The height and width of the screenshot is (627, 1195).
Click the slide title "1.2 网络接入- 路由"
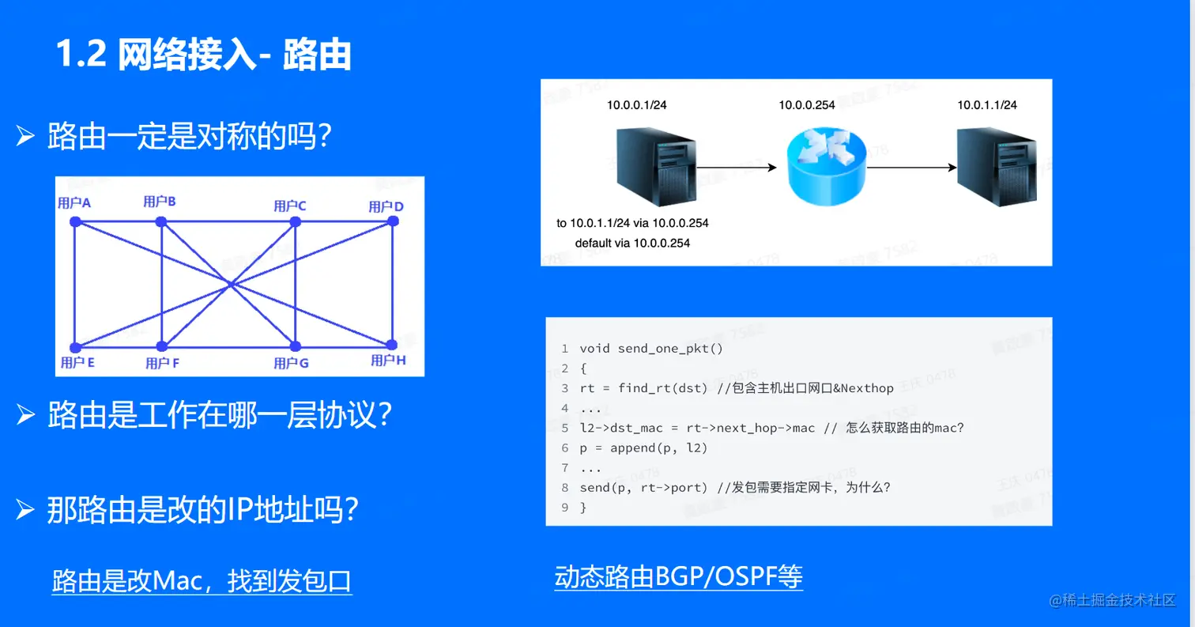(x=203, y=56)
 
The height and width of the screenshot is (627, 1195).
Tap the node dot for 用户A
(x=76, y=222)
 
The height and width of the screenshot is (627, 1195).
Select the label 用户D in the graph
(x=386, y=207)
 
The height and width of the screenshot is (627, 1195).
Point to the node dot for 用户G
(x=295, y=346)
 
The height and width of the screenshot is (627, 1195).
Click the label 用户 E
(x=77, y=363)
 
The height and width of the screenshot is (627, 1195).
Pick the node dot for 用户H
(x=390, y=345)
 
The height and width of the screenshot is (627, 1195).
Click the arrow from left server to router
(x=735, y=168)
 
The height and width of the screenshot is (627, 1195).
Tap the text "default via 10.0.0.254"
(x=632, y=243)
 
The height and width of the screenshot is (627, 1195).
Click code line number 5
(x=564, y=428)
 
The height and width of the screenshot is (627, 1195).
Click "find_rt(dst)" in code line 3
(x=654, y=388)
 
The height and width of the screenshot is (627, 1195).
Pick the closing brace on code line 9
(x=583, y=508)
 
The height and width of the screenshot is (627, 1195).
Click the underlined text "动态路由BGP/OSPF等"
(x=678, y=576)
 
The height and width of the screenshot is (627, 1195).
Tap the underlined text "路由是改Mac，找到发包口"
(x=202, y=582)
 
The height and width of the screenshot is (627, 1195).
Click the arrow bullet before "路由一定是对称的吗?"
(x=26, y=137)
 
